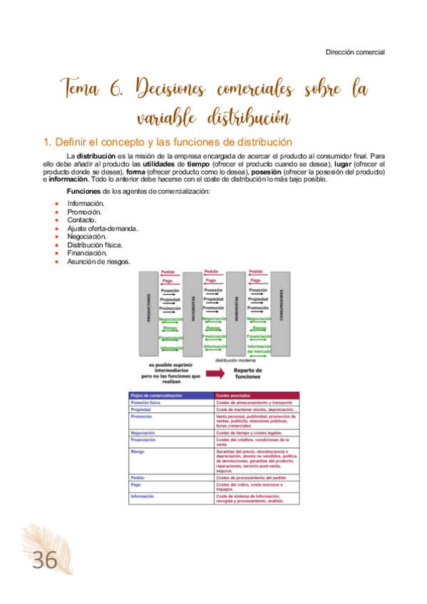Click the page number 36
tap(43, 561)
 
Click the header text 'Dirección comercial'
tap(355, 52)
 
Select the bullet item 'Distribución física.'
tap(95, 245)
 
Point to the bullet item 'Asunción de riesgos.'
tap(98, 261)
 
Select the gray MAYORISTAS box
tap(192, 314)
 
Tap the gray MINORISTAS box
tap(235, 314)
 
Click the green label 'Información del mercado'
tap(258, 349)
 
